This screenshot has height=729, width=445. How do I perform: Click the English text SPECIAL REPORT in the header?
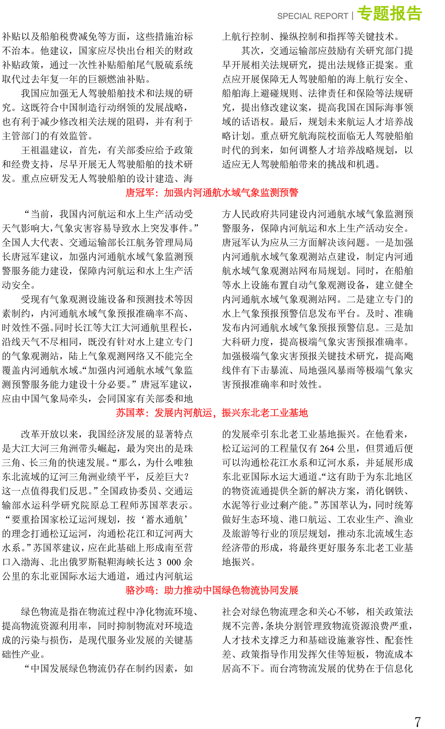click(312, 16)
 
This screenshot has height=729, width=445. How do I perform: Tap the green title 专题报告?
click(389, 14)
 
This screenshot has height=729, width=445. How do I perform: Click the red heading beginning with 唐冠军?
click(212, 193)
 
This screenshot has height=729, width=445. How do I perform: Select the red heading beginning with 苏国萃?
click(212, 413)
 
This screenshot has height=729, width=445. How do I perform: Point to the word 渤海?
click(30, 562)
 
